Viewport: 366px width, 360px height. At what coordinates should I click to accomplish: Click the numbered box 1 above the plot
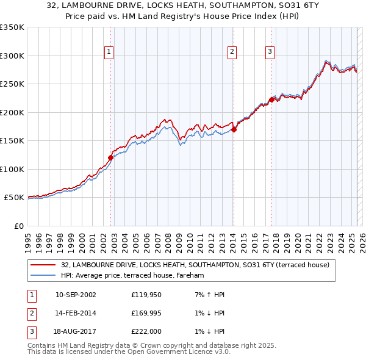click(109, 52)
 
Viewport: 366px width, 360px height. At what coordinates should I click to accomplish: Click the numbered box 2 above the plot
click(232, 52)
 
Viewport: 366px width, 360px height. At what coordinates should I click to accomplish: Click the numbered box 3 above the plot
click(270, 52)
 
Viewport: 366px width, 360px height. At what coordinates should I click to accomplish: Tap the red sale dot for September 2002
click(110, 157)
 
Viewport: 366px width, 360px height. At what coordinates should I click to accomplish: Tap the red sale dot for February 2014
click(234, 129)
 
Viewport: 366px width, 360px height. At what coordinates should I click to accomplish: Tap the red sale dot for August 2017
click(271, 99)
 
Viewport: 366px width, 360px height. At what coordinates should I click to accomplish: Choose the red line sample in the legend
click(43, 265)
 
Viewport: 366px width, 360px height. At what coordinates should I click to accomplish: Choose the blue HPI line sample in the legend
click(43, 276)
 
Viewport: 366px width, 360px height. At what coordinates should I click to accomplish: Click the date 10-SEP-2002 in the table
click(76, 295)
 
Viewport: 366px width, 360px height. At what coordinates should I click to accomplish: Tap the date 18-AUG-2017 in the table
click(76, 331)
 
